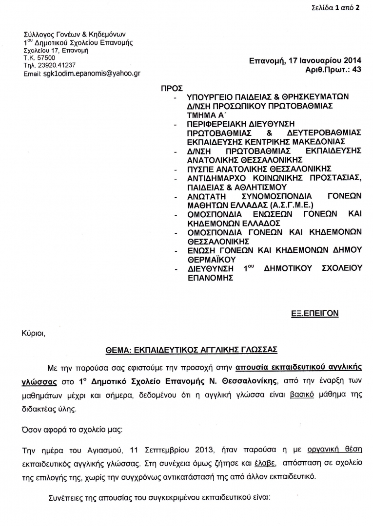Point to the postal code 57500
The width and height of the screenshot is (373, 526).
(x=46, y=57)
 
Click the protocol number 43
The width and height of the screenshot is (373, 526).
(x=356, y=70)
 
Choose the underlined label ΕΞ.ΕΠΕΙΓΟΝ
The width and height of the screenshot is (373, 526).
(x=317, y=313)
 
